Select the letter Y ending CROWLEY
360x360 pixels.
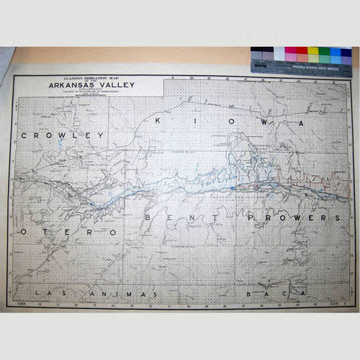click(x=102, y=135)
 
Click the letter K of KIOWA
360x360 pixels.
click(x=157, y=122)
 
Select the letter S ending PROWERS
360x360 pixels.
click(x=336, y=217)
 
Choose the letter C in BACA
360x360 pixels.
click(x=287, y=294)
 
